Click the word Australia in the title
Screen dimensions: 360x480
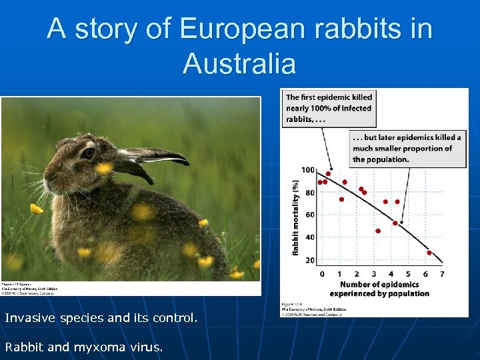tap(239, 64)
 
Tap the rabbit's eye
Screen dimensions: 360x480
tap(89, 153)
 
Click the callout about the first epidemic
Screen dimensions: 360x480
tap(329, 108)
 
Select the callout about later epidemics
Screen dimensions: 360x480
tap(406, 148)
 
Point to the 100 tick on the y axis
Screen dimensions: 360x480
tap(307, 170)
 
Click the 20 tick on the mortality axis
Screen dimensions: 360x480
tap(310, 260)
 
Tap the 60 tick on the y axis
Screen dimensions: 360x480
tap(310, 215)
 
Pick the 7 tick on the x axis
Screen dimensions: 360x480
tap(442, 273)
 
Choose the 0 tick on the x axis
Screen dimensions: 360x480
tap(322, 273)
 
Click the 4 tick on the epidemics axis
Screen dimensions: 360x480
tap(391, 273)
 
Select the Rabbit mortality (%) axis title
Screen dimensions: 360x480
tap(295, 215)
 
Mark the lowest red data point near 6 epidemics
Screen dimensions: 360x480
tap(429, 253)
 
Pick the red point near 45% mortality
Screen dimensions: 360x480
tap(378, 231)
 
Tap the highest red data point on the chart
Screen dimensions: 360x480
tap(328, 174)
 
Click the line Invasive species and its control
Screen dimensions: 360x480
tap(101, 318)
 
